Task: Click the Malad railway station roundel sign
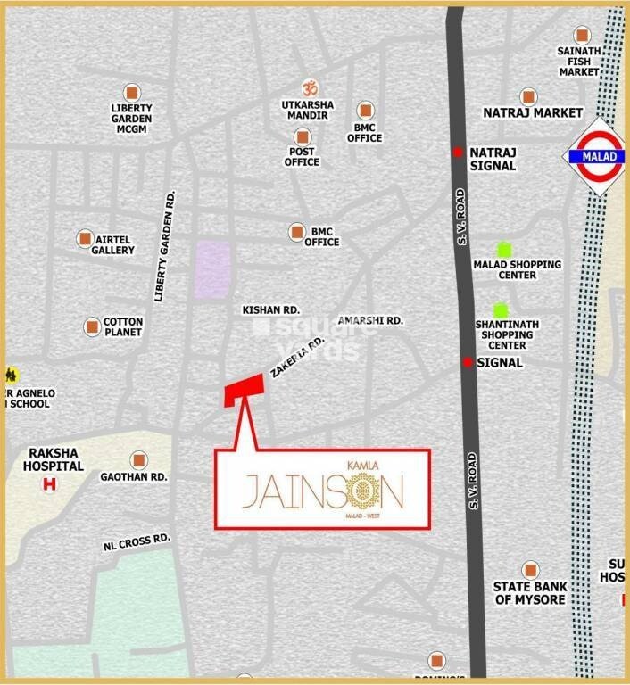click(598, 156)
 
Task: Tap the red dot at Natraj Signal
click(458, 153)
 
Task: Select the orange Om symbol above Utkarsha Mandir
click(309, 89)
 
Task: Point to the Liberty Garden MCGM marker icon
click(131, 92)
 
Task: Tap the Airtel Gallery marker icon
click(85, 238)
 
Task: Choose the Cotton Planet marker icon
click(92, 327)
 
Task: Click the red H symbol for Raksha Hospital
click(50, 484)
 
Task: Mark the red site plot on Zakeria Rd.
click(243, 389)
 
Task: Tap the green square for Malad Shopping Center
click(504, 250)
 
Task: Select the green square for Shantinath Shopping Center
click(500, 309)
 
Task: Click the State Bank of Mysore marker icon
click(531, 569)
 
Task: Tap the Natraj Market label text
click(533, 113)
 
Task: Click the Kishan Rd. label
click(270, 309)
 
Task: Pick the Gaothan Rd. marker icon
click(138, 460)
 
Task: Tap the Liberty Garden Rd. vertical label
click(165, 245)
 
